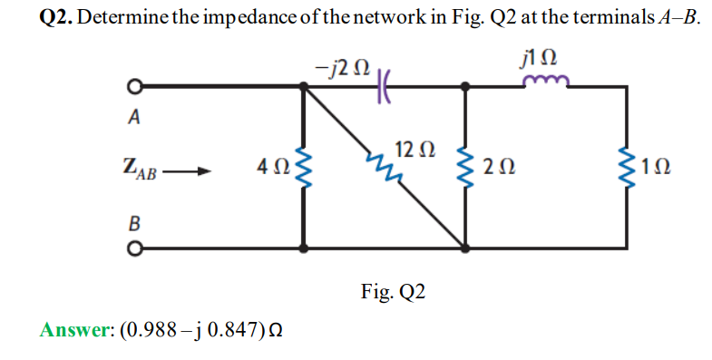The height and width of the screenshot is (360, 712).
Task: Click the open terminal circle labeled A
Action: [x=131, y=88]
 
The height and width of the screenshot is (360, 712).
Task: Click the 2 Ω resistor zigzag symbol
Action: [x=465, y=166]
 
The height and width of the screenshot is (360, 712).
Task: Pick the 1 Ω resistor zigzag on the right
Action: [x=626, y=166]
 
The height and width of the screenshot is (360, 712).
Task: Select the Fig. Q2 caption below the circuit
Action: [x=391, y=292]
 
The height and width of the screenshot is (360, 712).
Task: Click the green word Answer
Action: [x=73, y=329]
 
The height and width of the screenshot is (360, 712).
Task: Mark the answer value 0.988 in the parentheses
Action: [x=150, y=329]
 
